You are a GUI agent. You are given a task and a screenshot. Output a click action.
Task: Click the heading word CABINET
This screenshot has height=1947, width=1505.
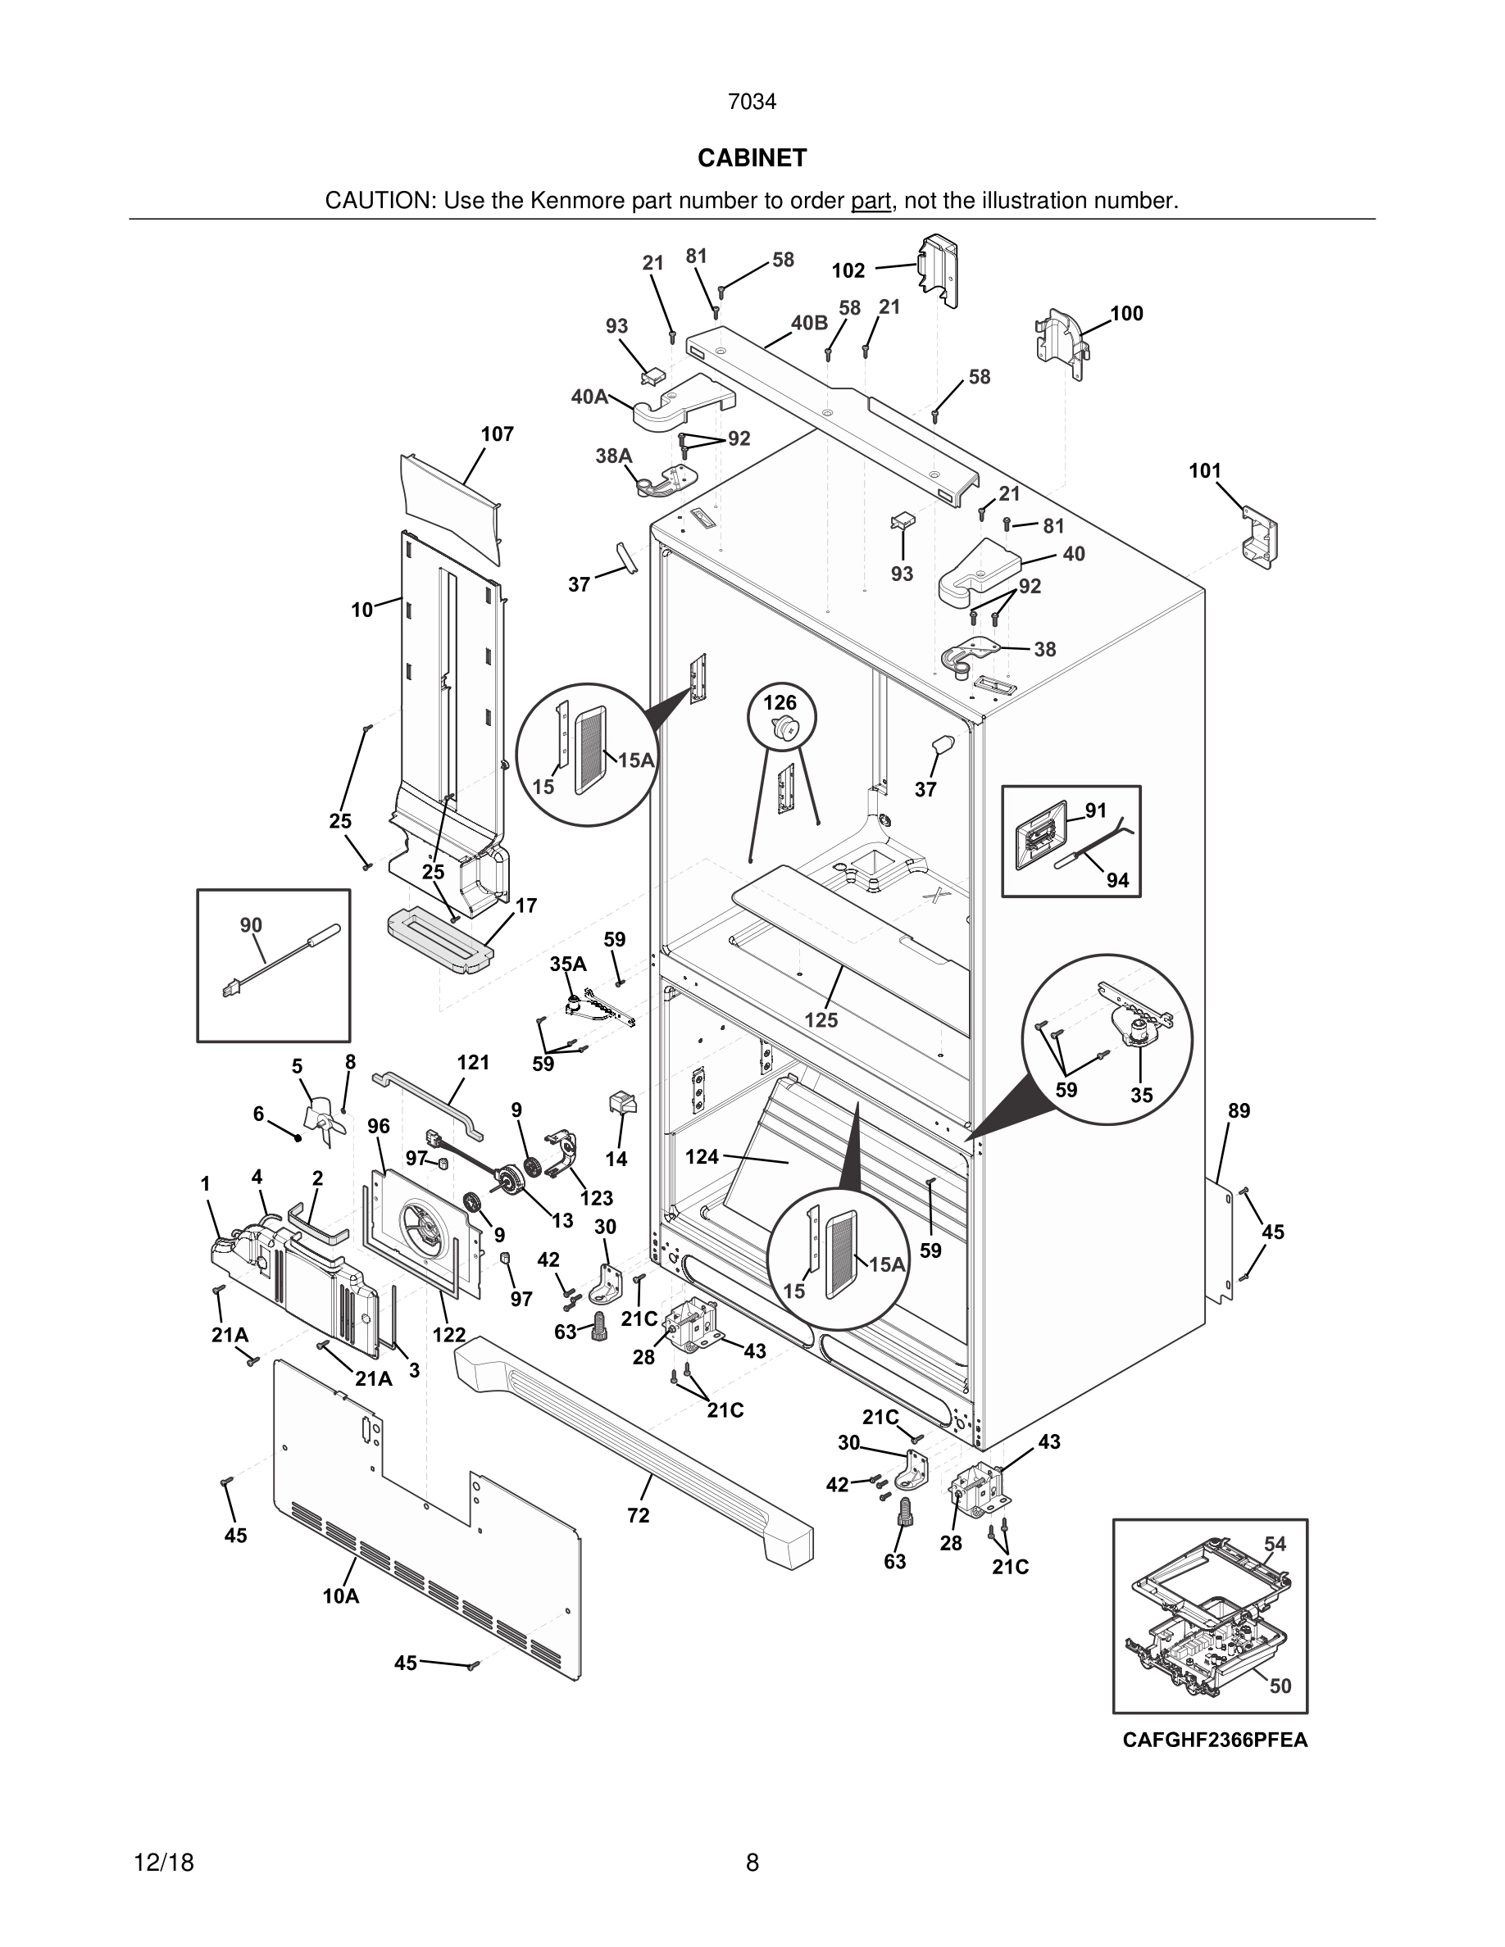click(752, 158)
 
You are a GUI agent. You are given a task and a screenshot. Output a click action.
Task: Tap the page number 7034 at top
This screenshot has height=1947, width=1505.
click(752, 102)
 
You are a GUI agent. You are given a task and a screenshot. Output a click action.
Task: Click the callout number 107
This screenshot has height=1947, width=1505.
click(498, 434)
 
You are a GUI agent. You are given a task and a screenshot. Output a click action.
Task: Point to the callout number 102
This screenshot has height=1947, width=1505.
click(848, 270)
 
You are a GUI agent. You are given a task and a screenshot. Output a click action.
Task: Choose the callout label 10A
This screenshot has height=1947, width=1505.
click(340, 1595)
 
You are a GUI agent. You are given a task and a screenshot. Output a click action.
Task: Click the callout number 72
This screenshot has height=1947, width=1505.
click(639, 1514)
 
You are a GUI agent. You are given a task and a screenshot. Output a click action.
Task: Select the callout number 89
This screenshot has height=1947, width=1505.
click(1239, 1111)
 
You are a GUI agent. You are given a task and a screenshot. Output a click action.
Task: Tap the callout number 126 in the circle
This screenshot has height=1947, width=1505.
click(780, 702)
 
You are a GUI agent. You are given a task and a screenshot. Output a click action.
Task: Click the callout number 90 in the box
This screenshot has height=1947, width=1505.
click(252, 925)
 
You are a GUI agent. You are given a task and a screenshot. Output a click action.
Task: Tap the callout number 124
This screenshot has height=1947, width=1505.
click(702, 1156)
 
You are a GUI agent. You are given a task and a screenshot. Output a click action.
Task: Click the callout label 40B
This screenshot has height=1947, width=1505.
click(809, 323)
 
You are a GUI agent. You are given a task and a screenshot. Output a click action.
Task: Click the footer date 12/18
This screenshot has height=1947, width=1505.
click(163, 1863)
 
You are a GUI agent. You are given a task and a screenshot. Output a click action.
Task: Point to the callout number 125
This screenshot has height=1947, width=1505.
click(821, 1020)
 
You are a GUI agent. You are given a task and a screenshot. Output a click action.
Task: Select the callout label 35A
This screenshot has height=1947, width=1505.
click(568, 964)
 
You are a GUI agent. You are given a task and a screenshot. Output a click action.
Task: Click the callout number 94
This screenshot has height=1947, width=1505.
click(1117, 880)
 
